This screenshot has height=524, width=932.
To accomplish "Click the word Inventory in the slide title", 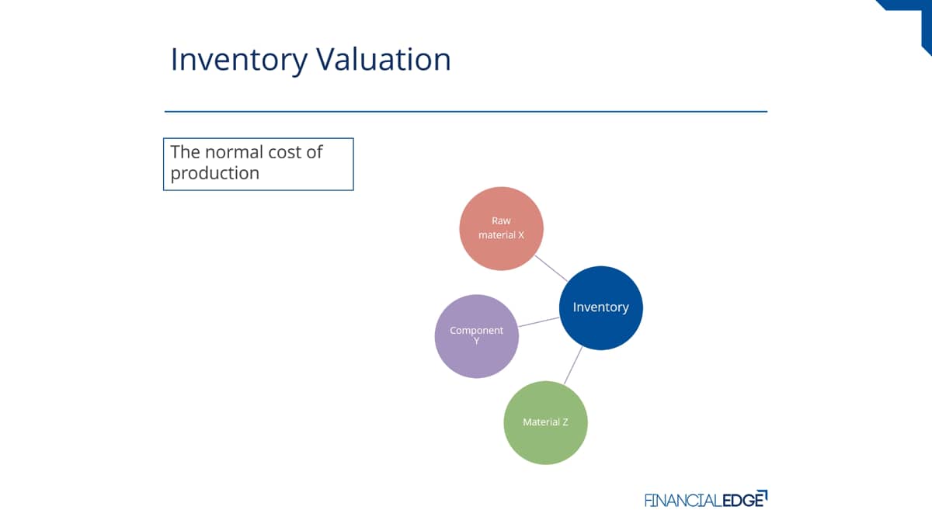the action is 239,61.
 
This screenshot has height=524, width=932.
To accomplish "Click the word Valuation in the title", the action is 384,59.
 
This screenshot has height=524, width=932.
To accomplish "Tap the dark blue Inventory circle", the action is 601,307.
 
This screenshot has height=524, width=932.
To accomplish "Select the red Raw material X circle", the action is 502,228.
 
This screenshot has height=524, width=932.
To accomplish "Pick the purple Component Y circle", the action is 477,336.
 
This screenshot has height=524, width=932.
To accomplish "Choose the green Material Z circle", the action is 545,422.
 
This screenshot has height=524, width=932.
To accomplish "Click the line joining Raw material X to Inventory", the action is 551,269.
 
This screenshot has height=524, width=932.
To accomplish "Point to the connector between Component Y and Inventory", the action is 539,322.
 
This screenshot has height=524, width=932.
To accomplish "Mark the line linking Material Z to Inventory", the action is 573,365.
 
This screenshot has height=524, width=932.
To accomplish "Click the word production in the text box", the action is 214,173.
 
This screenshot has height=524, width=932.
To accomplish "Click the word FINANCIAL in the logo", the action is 683,500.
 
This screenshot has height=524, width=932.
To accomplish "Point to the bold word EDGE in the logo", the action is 742,500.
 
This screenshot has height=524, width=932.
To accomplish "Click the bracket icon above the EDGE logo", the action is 762,495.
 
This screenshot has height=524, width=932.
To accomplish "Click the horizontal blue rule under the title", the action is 466,112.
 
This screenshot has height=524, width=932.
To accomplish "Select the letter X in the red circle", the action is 520,235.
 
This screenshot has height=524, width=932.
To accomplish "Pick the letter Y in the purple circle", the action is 476,341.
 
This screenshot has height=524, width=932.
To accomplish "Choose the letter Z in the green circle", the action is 565,422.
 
